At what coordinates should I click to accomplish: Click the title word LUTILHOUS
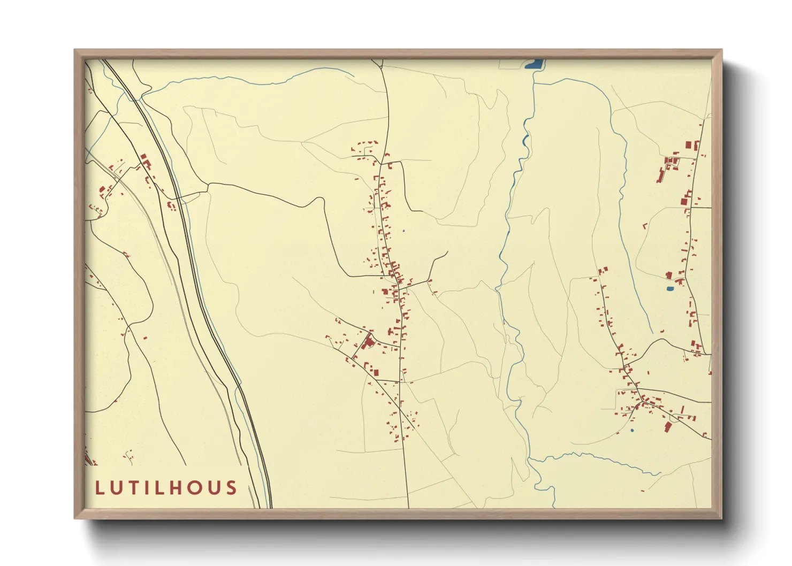point(166,488)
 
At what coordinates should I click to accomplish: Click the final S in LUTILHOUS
point(231,488)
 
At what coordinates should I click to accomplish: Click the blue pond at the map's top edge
point(534,65)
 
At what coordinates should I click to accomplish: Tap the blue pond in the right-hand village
point(669,289)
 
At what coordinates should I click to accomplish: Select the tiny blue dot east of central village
point(403,231)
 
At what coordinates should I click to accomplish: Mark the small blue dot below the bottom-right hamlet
point(632,430)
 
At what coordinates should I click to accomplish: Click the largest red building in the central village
point(369,341)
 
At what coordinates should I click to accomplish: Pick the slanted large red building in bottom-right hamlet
point(667,426)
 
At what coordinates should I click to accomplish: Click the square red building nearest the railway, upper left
point(143,157)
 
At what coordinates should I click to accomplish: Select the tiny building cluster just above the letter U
point(128,456)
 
